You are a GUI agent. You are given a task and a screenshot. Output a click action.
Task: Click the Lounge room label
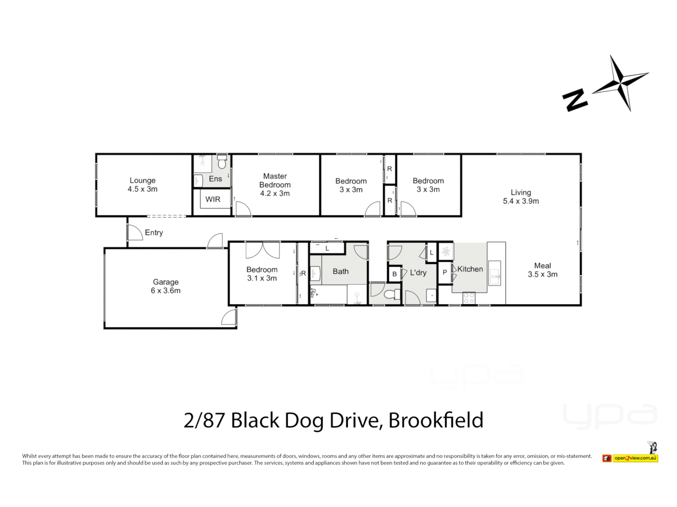(142, 184)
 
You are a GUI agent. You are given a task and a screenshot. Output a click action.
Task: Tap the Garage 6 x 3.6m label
(165, 286)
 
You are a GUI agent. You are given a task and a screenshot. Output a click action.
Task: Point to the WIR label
(213, 200)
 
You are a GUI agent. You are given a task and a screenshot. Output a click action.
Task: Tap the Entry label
(154, 232)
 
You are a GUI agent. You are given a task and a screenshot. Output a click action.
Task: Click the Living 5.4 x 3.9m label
(520, 196)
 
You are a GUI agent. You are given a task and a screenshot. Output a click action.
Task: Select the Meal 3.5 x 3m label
(542, 270)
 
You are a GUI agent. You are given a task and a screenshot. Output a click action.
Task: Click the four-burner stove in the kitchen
(469, 298)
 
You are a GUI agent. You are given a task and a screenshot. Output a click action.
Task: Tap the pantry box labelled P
(445, 272)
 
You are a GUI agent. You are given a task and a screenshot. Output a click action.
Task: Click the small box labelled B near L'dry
(394, 274)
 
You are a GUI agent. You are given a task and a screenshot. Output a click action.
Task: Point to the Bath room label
(340, 271)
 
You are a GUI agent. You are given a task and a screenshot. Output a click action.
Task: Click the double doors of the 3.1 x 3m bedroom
(262, 250)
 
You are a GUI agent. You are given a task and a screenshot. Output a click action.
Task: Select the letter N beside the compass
(575, 100)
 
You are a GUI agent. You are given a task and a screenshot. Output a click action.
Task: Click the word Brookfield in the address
(436, 420)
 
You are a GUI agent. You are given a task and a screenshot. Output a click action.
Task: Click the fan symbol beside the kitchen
(446, 251)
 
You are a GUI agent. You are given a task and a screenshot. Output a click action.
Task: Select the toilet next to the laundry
(391, 295)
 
